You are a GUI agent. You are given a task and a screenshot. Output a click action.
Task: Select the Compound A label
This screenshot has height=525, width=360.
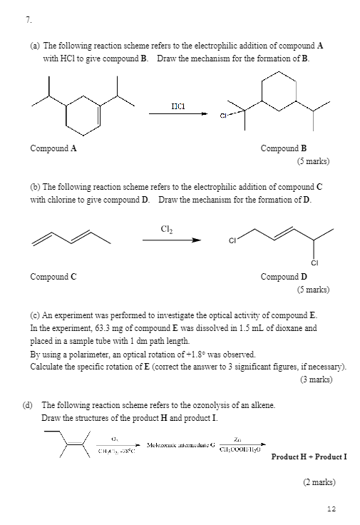point(53,148)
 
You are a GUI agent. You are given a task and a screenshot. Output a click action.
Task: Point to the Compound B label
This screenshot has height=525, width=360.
point(284,148)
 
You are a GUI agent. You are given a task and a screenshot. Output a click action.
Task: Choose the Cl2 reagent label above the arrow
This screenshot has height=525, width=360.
point(168,228)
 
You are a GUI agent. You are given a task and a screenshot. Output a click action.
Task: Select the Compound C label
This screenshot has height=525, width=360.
point(53,276)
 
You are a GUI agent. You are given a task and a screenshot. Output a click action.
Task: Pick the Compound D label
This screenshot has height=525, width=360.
point(284,276)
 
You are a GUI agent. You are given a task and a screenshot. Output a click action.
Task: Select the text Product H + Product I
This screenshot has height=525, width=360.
point(309,456)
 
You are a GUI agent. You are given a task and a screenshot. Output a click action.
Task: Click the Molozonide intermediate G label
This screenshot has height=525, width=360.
point(180,444)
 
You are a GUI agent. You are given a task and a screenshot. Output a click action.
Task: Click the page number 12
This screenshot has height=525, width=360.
point(330,509)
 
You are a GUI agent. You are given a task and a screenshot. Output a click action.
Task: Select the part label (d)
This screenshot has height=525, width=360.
point(29,404)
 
